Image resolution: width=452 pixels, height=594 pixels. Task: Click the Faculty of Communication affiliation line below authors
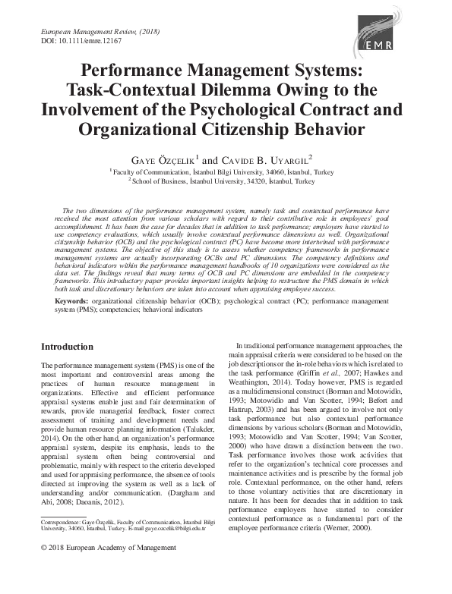[226, 171]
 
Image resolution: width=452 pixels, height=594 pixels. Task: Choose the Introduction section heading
[68, 346]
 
